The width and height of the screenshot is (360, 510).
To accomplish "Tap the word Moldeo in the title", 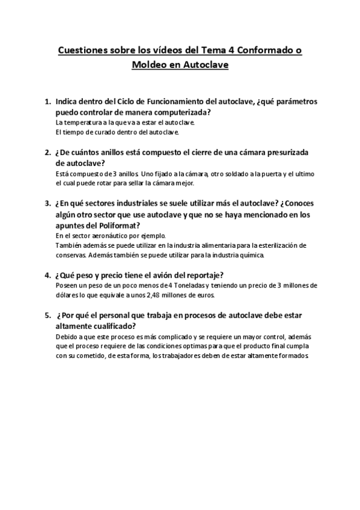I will (148, 66).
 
